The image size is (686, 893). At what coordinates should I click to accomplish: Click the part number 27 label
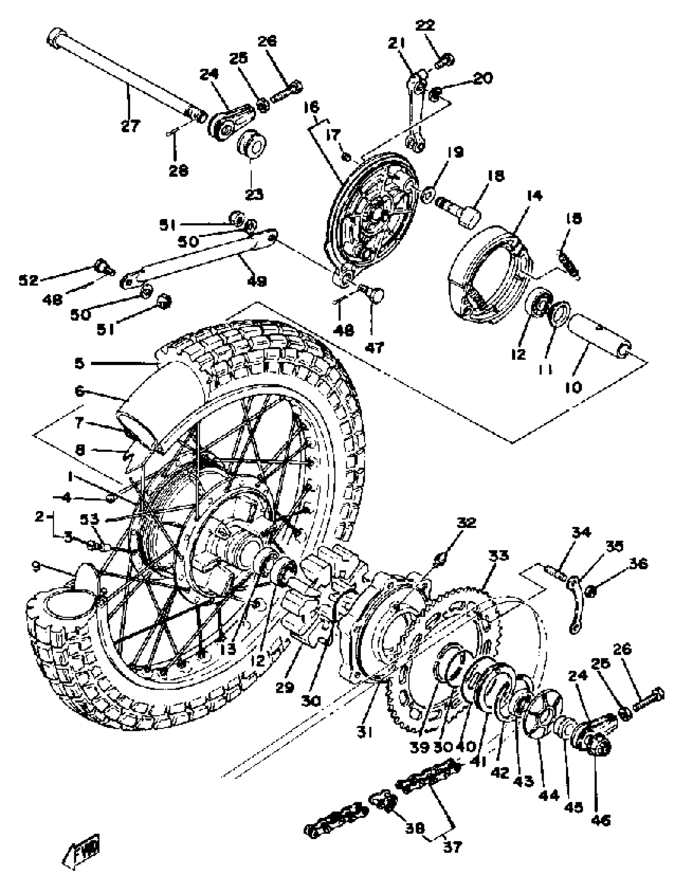pos(131,125)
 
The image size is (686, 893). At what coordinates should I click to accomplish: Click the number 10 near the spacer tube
pos(573,386)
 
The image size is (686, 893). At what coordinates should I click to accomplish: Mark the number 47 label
pos(374,347)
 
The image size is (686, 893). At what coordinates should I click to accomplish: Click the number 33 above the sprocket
pos(498,555)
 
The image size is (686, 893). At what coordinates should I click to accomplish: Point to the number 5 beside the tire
pos(79,363)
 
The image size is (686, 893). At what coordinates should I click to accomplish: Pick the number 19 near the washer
pos(455,152)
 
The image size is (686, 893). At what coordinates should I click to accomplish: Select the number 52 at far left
pos(29,280)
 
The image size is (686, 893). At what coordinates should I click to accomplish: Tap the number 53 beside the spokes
pos(90,520)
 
